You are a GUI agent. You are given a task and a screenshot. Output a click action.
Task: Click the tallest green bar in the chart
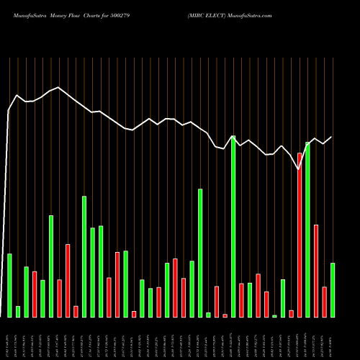coord(233,226)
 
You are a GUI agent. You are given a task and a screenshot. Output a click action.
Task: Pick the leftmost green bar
coord(9,285)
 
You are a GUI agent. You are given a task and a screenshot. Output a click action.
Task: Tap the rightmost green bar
coord(333,289)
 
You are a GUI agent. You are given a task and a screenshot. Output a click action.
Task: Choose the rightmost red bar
coord(324,302)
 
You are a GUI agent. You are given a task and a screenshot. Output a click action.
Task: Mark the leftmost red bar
coord(34,294)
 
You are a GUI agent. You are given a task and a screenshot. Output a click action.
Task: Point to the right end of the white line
coord(332,137)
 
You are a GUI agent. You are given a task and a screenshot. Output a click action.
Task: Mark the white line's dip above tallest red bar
coord(299,169)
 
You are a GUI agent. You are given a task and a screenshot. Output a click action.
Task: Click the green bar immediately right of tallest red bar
coord(307,230)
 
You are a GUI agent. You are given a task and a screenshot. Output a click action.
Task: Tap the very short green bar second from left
coord(18,311)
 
